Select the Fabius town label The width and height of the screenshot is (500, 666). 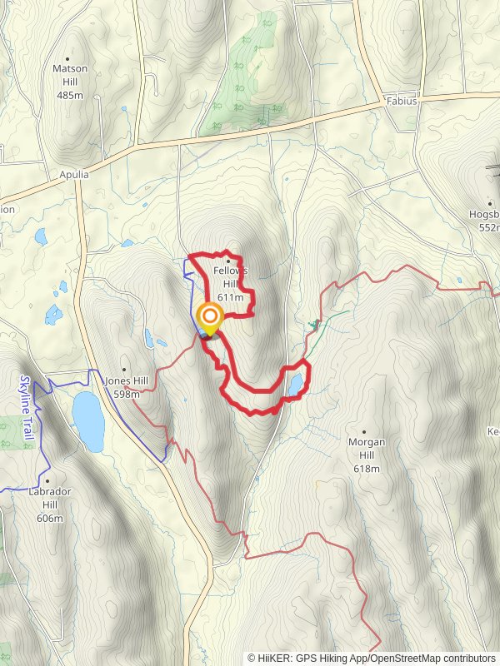click(x=402, y=102)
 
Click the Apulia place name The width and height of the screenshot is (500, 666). click(x=73, y=176)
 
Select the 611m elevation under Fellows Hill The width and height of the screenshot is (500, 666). click(x=230, y=297)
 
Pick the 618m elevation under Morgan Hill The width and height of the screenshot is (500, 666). click(x=367, y=470)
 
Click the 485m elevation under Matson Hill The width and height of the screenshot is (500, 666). click(x=70, y=95)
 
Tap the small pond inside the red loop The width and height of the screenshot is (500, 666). click(x=294, y=385)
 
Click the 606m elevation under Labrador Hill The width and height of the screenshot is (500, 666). click(x=49, y=519)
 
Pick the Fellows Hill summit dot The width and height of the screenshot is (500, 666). click(x=227, y=261)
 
